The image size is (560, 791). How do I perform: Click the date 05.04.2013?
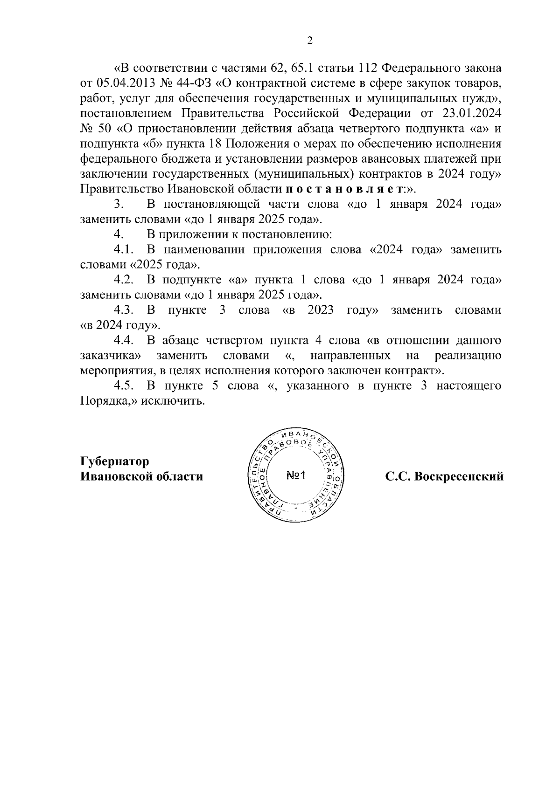122,83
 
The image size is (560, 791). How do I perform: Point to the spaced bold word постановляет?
344,189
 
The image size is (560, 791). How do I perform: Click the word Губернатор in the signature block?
115,461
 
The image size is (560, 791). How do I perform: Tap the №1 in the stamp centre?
295,476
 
